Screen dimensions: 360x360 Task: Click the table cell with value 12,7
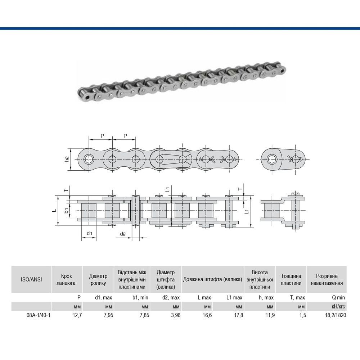(77, 315)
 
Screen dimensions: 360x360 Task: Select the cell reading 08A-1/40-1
(39, 315)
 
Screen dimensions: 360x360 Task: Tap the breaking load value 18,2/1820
(335, 315)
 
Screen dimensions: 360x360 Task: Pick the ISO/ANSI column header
(31, 279)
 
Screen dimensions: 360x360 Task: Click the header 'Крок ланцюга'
(66, 279)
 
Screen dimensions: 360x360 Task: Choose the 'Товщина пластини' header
(291, 279)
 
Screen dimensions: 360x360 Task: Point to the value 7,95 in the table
(108, 315)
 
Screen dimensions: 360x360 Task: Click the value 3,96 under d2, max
(176, 315)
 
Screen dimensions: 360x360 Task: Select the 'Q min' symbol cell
(338, 298)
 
